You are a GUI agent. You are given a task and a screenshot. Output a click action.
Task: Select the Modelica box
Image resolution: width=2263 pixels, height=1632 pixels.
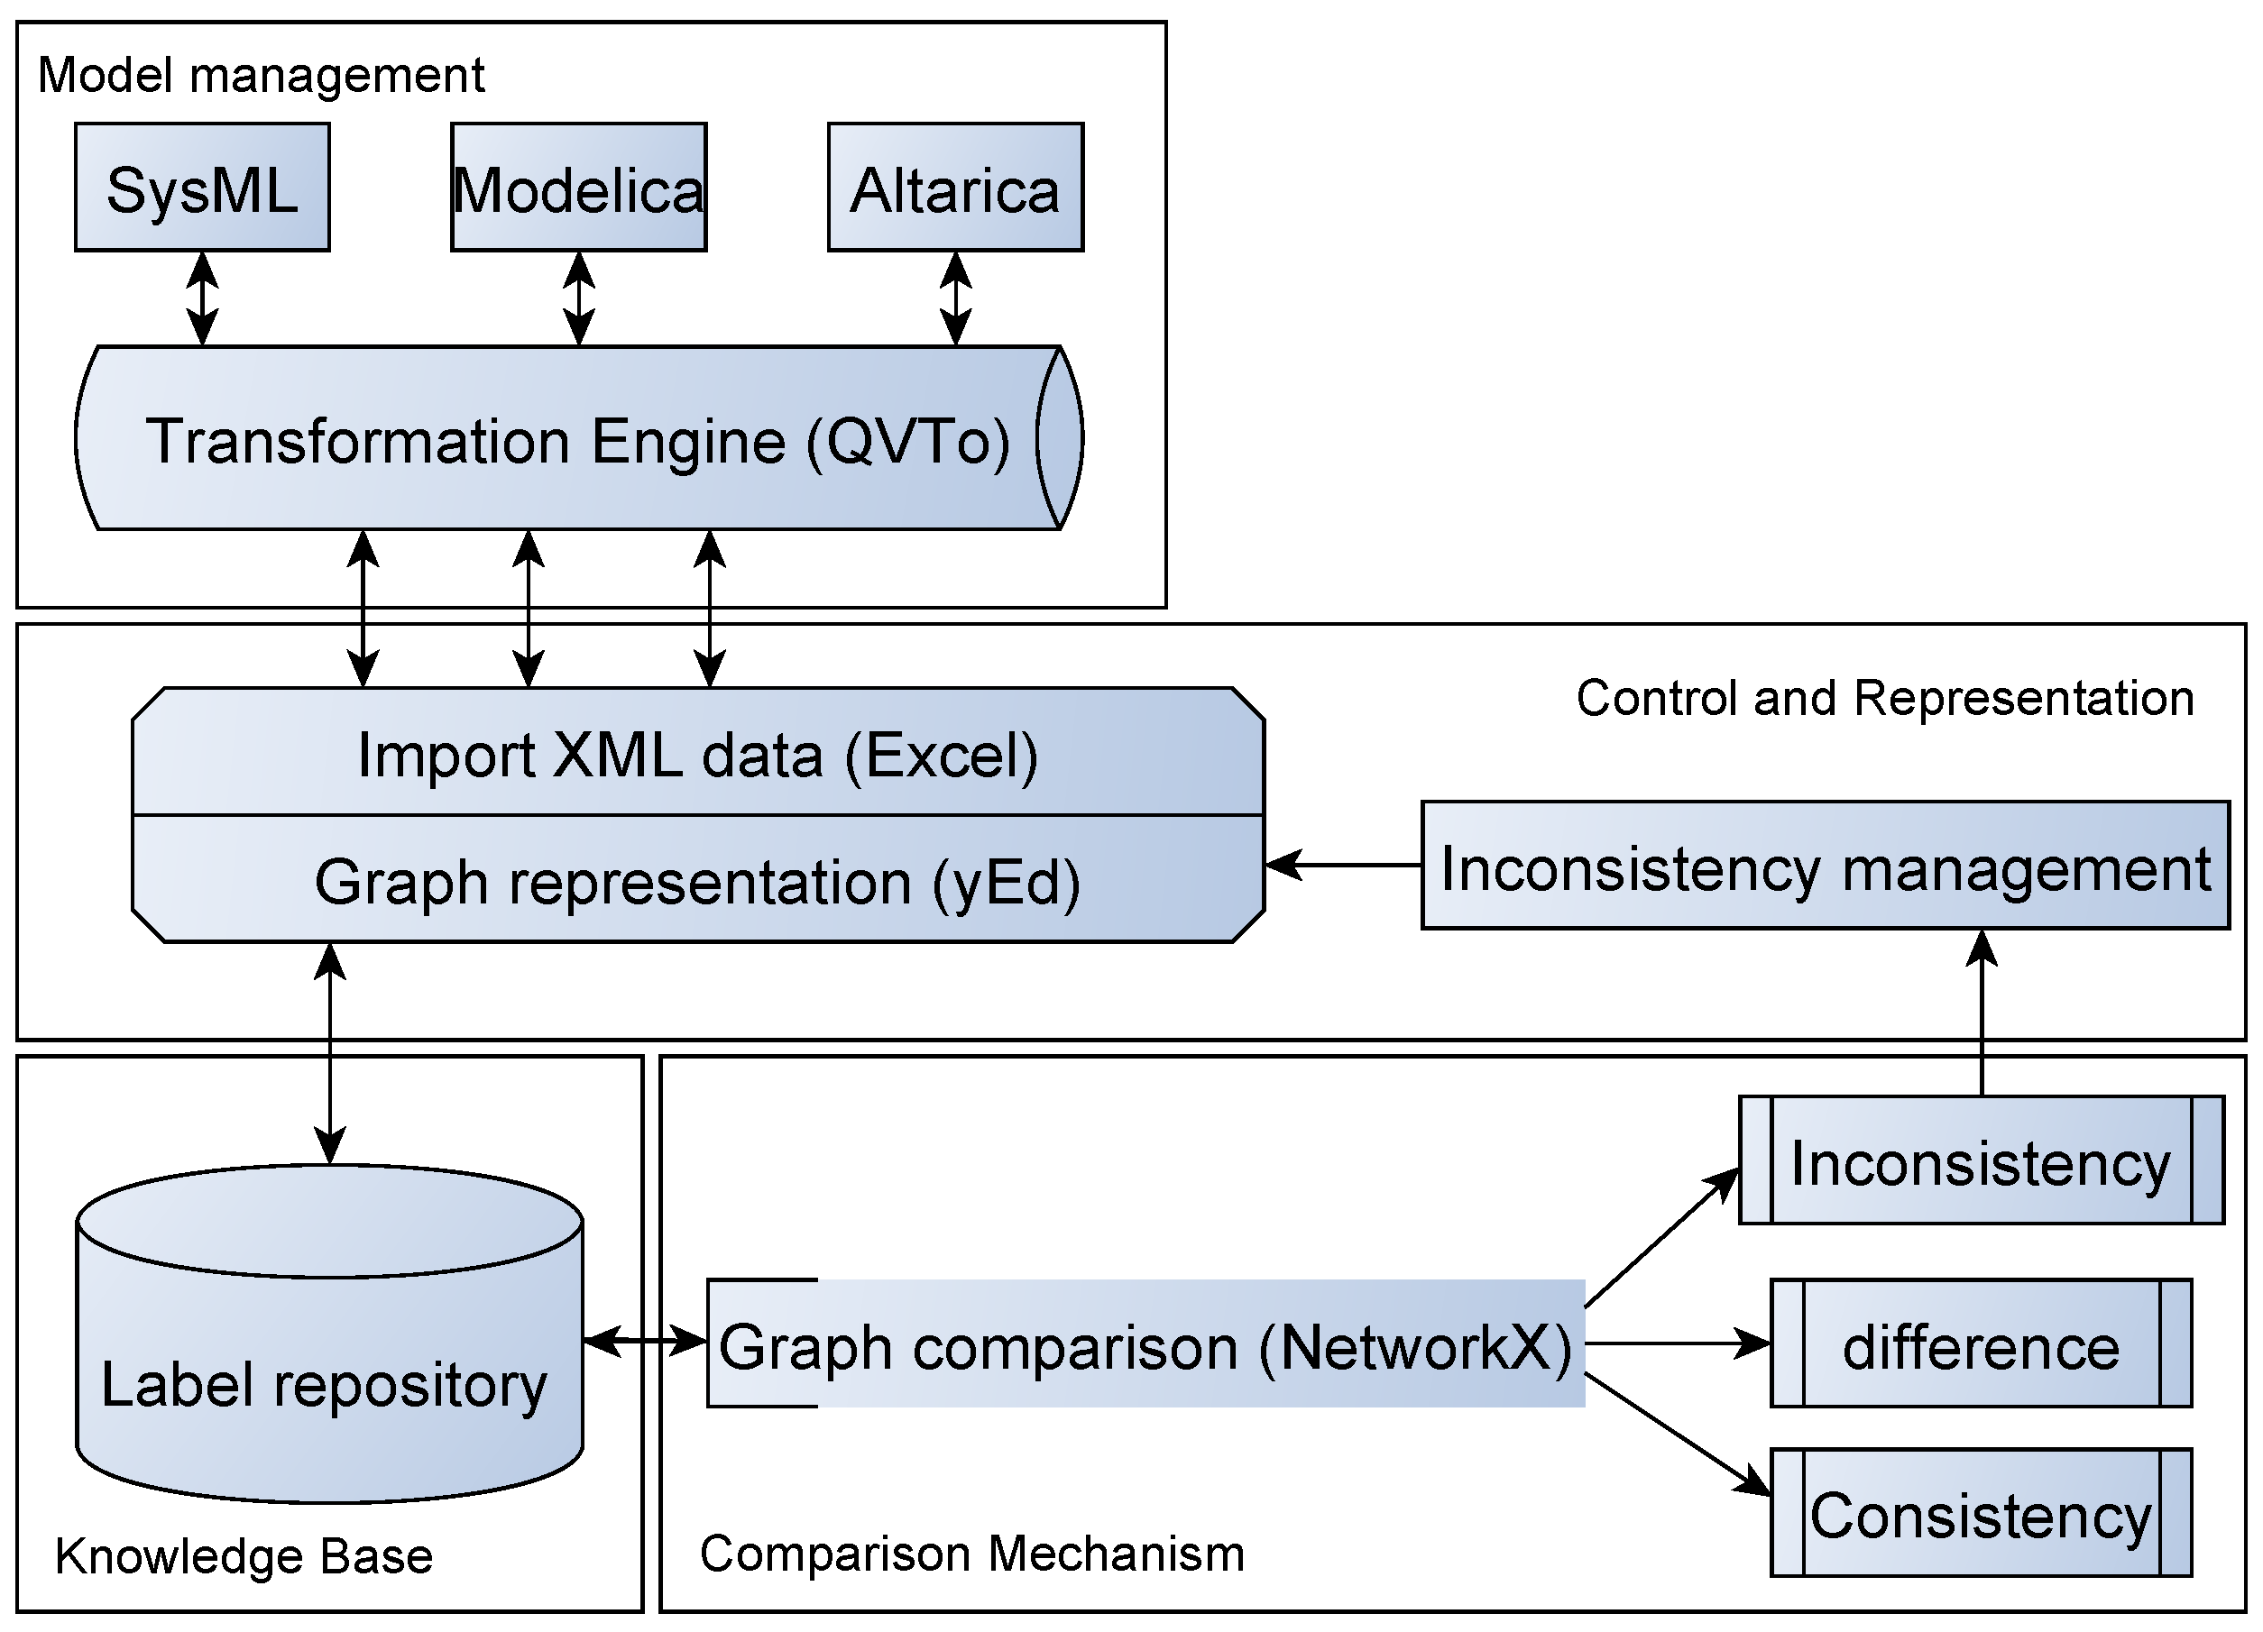[x=579, y=188]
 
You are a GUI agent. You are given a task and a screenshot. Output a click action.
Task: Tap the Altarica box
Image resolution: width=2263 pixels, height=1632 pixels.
[x=955, y=188]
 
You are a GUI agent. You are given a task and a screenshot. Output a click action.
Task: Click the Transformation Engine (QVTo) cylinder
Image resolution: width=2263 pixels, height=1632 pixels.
[x=579, y=439]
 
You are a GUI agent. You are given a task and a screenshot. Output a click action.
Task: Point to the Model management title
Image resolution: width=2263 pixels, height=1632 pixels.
[x=261, y=76]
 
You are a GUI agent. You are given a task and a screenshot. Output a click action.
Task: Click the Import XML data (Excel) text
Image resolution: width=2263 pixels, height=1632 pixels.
[x=697, y=756]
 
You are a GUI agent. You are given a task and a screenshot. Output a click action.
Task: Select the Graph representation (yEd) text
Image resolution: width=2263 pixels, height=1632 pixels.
[x=697, y=882]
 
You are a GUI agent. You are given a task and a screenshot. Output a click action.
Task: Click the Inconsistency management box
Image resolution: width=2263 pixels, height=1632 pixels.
[x=1825, y=866]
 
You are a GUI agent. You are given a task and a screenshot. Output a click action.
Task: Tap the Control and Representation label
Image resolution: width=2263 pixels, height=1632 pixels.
[x=1884, y=698]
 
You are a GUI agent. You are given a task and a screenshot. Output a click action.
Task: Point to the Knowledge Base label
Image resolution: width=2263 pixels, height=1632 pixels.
[x=244, y=1556]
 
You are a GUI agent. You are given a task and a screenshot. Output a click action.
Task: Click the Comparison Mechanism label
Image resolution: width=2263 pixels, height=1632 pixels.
[x=971, y=1554]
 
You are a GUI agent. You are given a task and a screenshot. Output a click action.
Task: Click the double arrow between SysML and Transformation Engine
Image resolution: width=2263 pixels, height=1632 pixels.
[x=203, y=298]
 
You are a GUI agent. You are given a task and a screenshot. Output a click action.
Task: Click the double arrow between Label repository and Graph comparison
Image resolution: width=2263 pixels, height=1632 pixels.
[x=645, y=1341]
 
